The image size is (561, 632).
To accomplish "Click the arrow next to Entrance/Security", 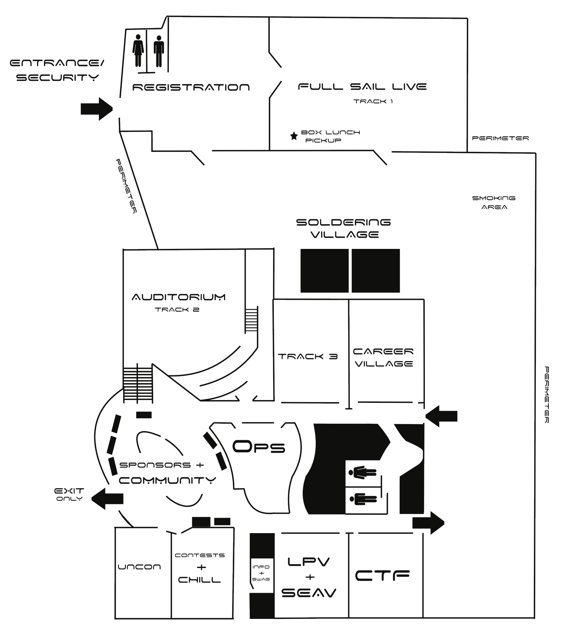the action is (97, 109).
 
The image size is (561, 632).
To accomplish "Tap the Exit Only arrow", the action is (107, 499).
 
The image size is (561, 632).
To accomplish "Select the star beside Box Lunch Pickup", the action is (294, 136).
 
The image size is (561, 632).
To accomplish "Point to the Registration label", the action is (191, 87).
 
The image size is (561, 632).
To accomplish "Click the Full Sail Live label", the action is (362, 87).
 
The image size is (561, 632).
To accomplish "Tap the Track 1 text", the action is (373, 101).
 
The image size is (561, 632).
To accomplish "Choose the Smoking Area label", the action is (494, 203).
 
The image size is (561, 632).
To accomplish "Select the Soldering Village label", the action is (344, 228).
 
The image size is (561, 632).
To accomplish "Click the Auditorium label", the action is (179, 297).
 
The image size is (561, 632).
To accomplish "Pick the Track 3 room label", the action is (308, 356).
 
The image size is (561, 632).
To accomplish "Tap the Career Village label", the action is (384, 357).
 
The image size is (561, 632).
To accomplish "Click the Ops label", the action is (259, 447).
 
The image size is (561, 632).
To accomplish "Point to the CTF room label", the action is (382, 576).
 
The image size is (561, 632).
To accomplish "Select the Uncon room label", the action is (139, 567).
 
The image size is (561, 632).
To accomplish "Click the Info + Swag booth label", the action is (261, 573).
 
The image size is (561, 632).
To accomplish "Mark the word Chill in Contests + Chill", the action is (199, 580).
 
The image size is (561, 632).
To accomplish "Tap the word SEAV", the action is (309, 592).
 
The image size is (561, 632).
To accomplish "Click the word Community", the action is (167, 480).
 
